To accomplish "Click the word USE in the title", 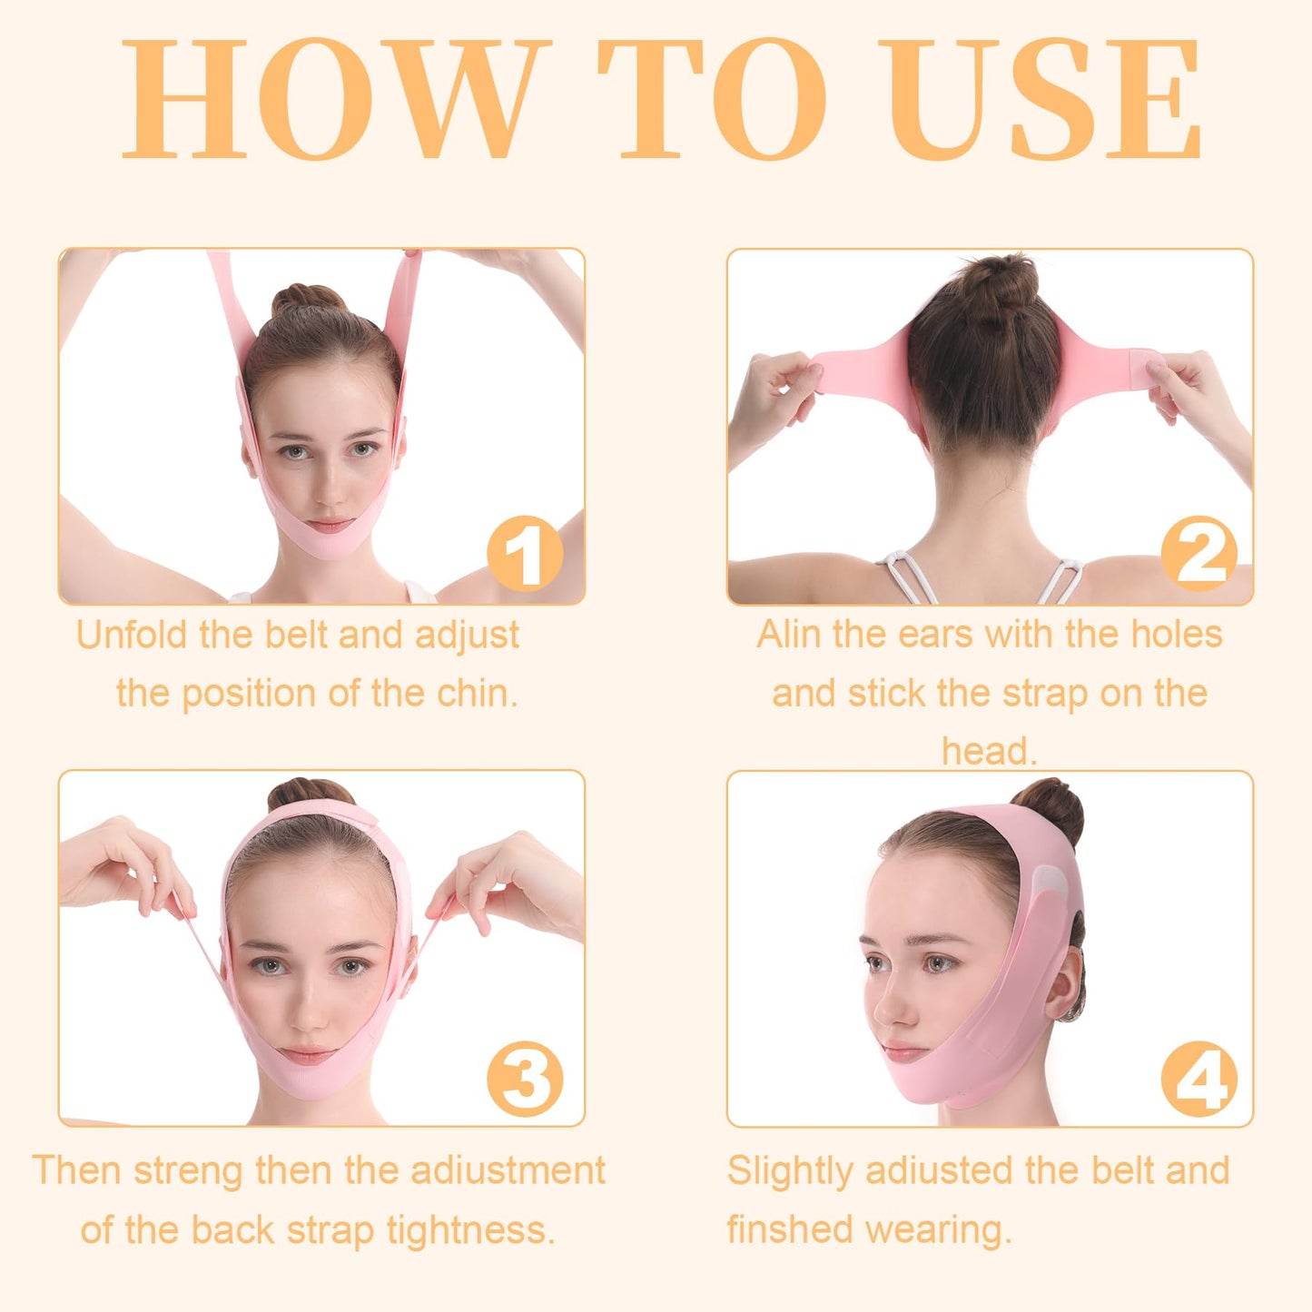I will [1044, 100].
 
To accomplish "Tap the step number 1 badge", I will [525, 553].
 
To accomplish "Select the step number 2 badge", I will [1199, 553].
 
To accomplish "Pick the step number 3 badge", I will [525, 1079].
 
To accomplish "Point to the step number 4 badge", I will [1199, 1079].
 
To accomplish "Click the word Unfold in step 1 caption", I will [133, 635].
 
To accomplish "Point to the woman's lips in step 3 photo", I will [308, 1055].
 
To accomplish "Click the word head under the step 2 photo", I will [988, 752].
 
